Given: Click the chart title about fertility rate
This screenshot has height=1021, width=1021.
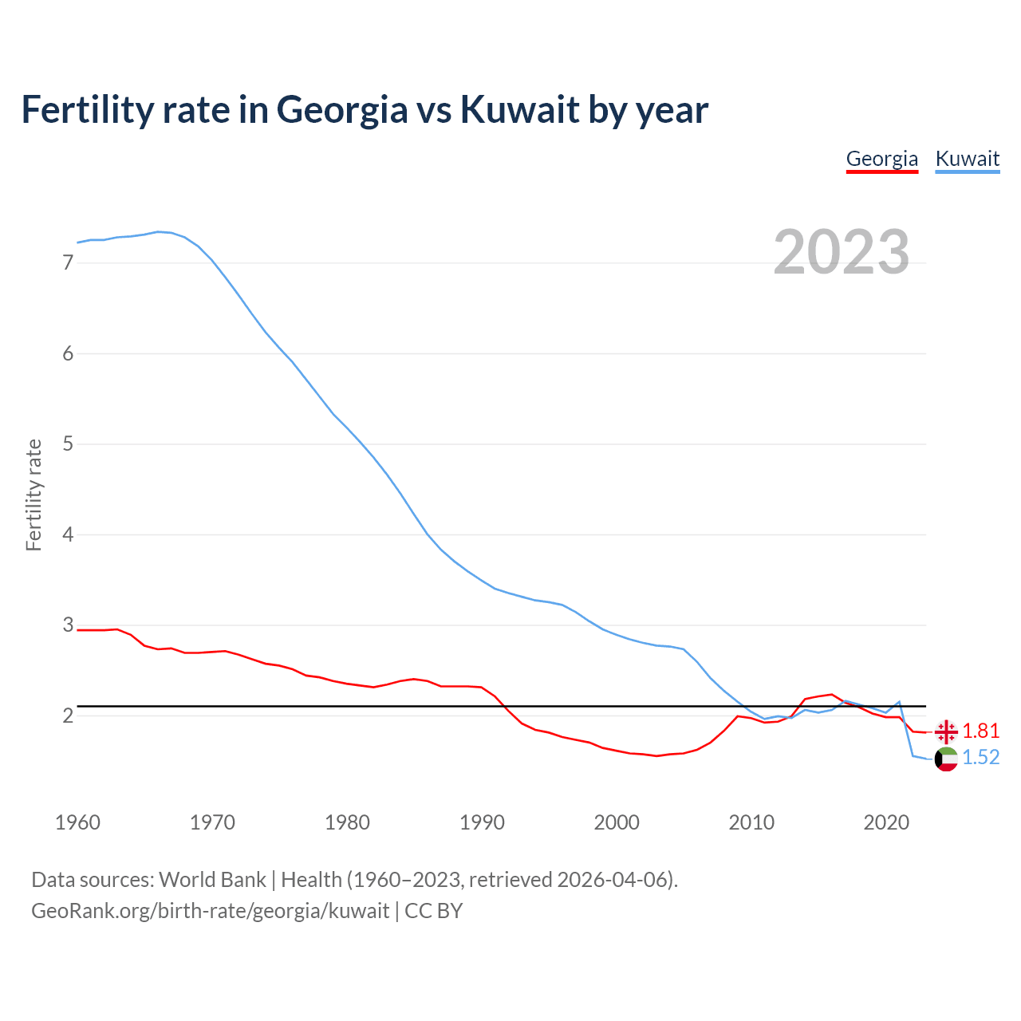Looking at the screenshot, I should (x=365, y=109).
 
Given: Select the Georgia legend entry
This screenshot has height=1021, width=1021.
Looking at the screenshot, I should (x=881, y=159).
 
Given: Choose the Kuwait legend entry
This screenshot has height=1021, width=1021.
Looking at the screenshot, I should (x=967, y=159).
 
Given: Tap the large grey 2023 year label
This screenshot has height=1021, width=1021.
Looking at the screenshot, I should (x=841, y=252).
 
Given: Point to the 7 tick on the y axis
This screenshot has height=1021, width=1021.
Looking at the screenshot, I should (x=68, y=262).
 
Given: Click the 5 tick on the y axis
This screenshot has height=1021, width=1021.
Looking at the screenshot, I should (x=68, y=443).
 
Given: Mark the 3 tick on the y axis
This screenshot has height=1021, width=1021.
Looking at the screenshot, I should (x=68, y=625).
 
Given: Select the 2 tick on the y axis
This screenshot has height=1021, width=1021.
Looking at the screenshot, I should (x=68, y=715).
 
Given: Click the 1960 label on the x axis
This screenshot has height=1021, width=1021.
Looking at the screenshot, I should (x=77, y=822).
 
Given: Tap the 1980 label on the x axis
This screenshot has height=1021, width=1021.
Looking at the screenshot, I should (x=347, y=822).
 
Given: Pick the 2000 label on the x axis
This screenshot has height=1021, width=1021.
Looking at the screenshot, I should (x=617, y=822).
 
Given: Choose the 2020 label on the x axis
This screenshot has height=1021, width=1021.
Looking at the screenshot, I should (x=886, y=822).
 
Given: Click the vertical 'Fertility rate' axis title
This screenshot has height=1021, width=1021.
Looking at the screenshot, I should (x=34, y=495).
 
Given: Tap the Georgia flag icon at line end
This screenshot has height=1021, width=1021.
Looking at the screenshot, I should (x=946, y=731).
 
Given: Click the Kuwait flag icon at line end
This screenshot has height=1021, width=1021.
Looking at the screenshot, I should (x=946, y=759).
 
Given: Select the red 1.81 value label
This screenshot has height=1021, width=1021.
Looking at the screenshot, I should (x=980, y=731).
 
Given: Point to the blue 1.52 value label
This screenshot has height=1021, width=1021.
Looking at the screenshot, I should (x=980, y=758).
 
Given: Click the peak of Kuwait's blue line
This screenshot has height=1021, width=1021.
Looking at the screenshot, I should (x=158, y=231).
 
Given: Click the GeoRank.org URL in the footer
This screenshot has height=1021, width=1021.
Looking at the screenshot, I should (x=210, y=911).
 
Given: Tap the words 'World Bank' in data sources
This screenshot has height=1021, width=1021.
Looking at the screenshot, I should (x=212, y=880).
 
